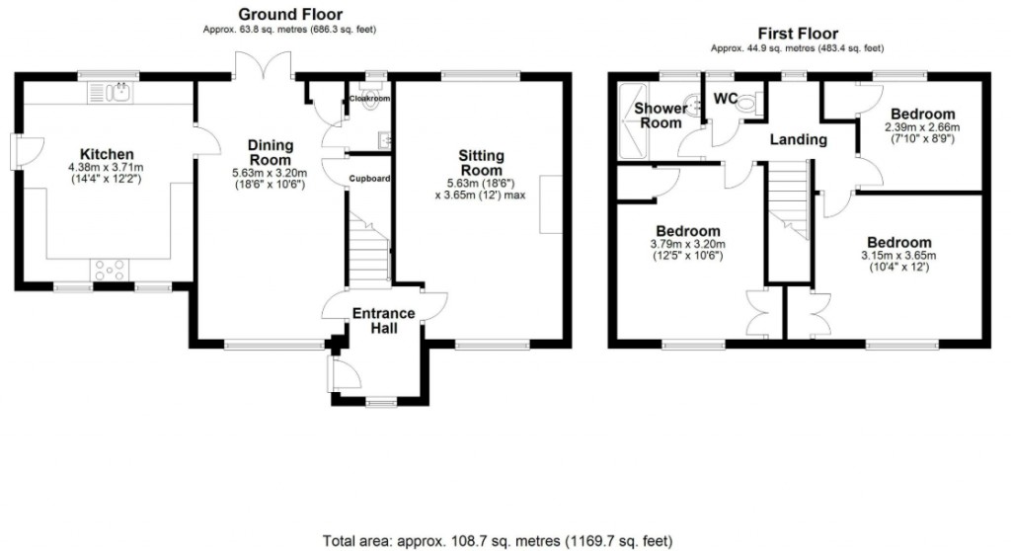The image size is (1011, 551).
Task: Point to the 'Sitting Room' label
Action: (x=481, y=163)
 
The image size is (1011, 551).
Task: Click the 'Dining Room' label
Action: (x=270, y=152)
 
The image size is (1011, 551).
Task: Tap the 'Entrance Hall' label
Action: (x=384, y=321)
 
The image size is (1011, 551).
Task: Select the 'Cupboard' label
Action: (x=368, y=179)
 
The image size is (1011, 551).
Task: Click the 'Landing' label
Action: (x=798, y=139)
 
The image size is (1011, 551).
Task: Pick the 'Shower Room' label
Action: (x=660, y=116)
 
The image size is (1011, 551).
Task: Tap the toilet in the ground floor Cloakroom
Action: (x=372, y=108)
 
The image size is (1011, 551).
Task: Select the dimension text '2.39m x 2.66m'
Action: (x=921, y=127)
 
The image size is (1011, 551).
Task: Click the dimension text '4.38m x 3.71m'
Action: (x=107, y=168)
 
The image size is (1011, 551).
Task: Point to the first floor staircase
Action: (x=789, y=202)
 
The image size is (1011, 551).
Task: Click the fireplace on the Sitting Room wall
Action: (x=551, y=203)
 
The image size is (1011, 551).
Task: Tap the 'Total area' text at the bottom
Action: (x=498, y=540)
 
